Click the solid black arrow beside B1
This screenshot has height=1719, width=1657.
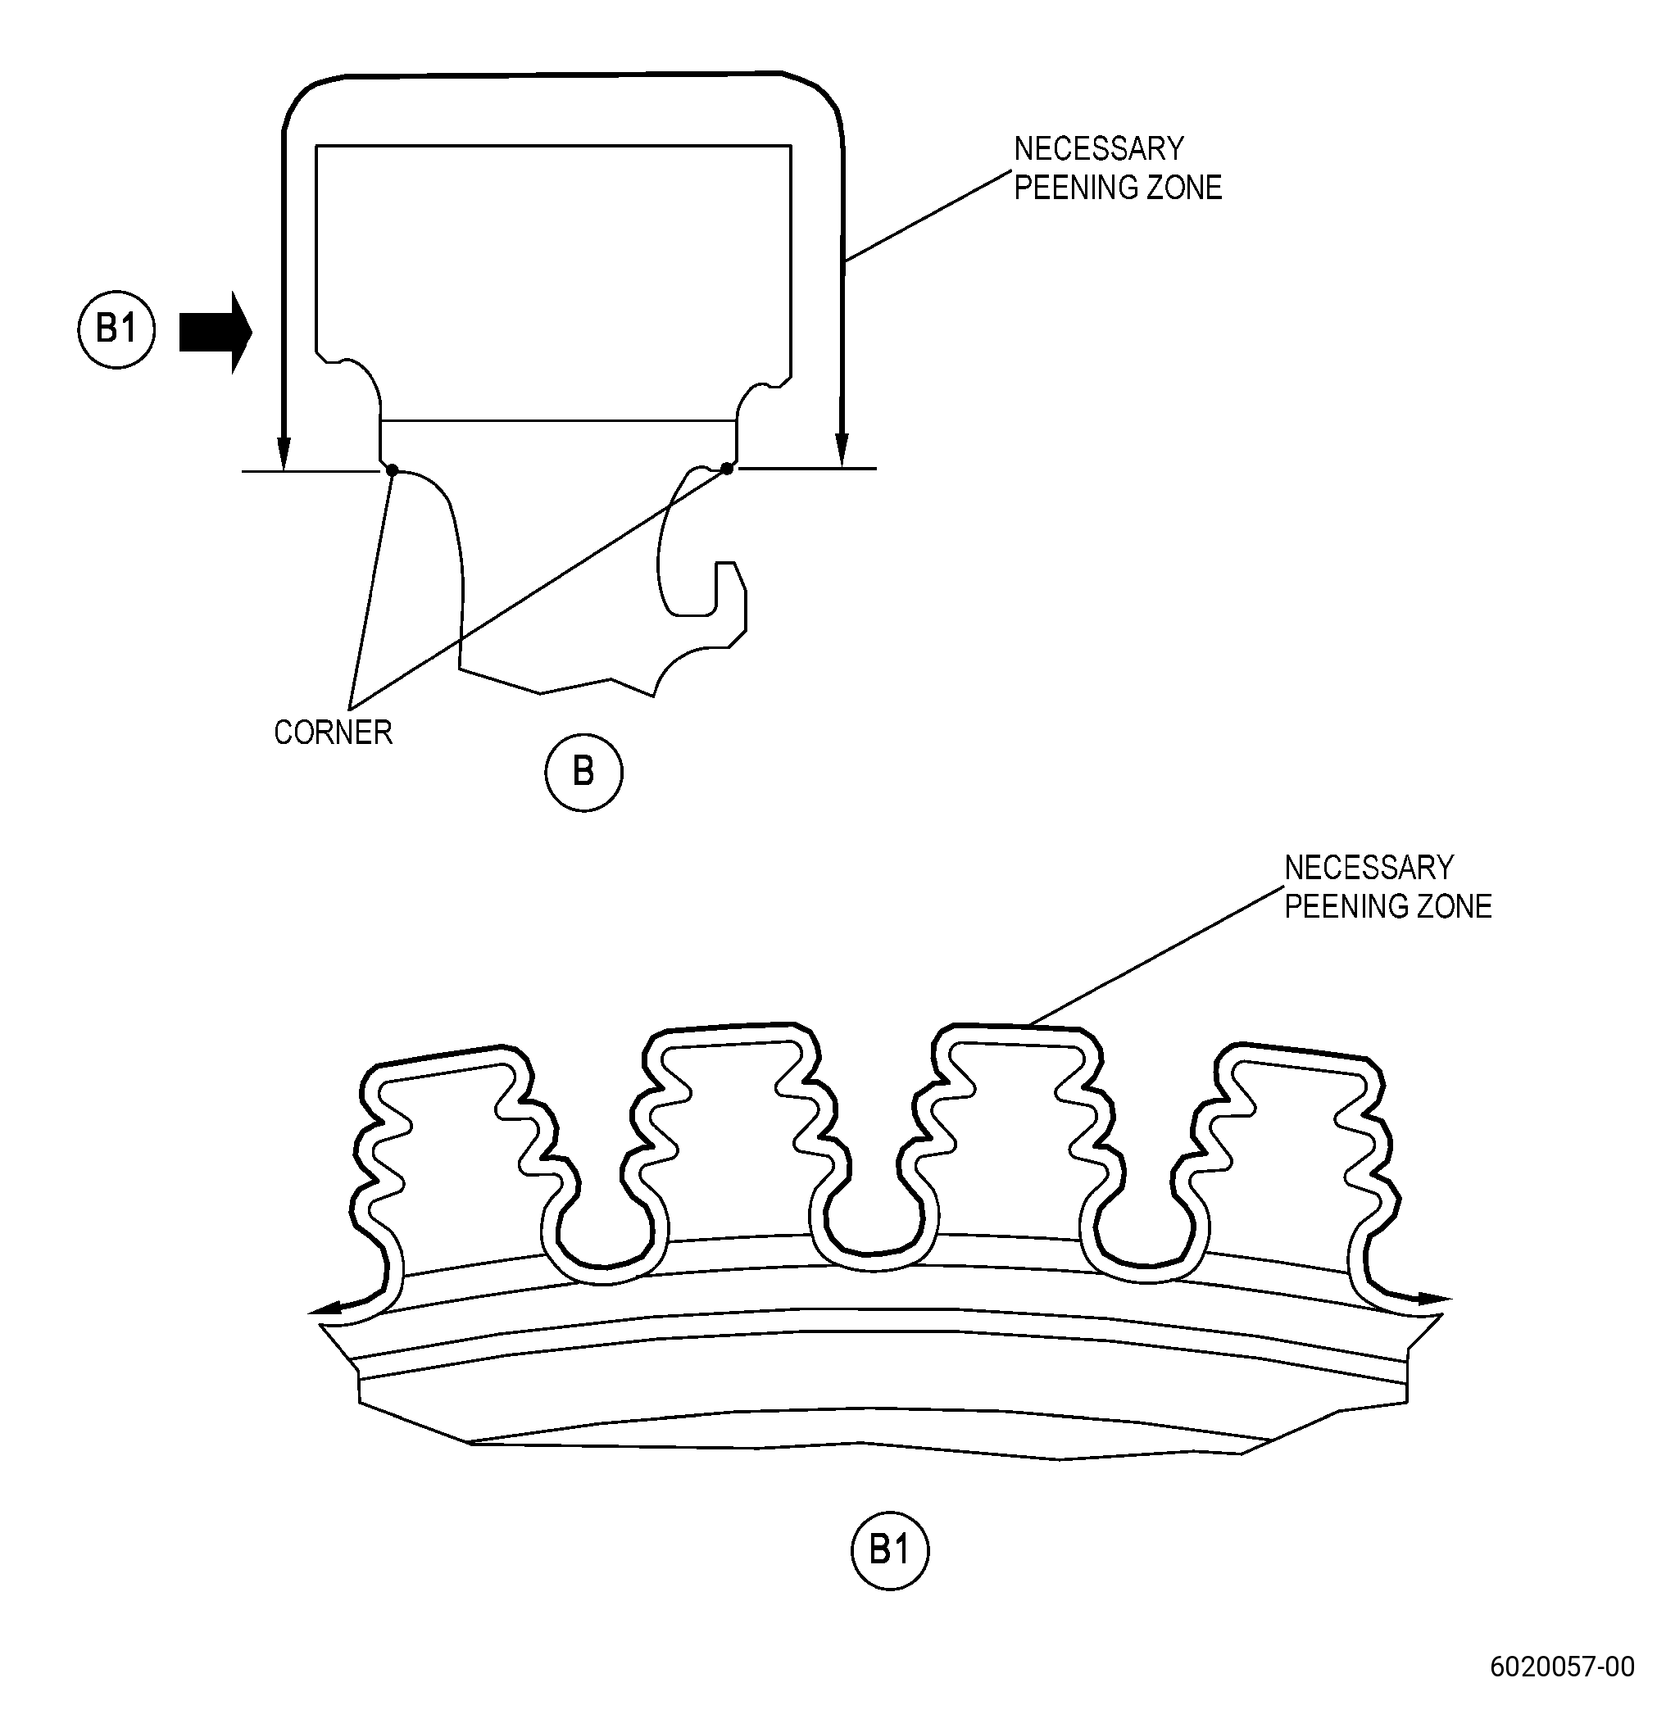click(216, 333)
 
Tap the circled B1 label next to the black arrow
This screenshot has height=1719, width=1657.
click(116, 329)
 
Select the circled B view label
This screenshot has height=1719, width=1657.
click(584, 772)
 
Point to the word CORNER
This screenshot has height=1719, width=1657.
click(334, 733)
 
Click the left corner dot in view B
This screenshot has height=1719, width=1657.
click(392, 471)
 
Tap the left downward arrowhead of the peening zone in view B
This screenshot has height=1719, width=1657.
click(283, 451)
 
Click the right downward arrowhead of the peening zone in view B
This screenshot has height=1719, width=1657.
click(842, 450)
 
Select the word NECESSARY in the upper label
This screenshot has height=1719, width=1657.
click(1099, 149)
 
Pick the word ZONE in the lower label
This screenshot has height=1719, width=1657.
click(1452, 907)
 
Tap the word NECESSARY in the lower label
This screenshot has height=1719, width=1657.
click(1369, 869)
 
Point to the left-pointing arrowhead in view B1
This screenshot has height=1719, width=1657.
click(326, 1309)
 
